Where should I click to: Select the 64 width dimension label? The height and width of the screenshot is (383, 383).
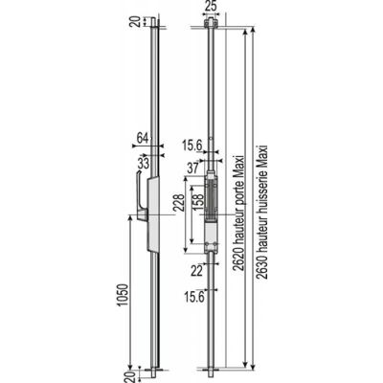(x=143, y=138)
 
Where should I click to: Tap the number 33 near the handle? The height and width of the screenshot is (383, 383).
(x=144, y=164)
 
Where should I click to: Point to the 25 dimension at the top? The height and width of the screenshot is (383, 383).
(x=211, y=7)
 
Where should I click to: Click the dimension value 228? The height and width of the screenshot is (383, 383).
(x=179, y=202)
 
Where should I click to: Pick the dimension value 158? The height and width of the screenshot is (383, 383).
(x=198, y=202)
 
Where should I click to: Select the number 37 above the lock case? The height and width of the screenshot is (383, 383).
(x=193, y=169)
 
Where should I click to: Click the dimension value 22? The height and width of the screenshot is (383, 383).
(x=197, y=271)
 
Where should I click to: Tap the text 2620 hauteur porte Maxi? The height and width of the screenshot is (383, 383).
(x=238, y=214)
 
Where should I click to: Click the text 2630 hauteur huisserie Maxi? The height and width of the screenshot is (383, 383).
(x=262, y=213)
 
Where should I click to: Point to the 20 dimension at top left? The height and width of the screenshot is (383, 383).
(x=135, y=22)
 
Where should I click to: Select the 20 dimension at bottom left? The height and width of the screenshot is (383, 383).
(x=129, y=377)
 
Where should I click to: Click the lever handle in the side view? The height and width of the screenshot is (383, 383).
(x=142, y=198)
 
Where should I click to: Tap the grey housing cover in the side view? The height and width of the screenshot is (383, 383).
(x=153, y=214)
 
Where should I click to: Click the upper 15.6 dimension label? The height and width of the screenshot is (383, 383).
(x=192, y=146)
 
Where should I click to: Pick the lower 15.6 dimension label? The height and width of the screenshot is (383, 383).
(x=194, y=297)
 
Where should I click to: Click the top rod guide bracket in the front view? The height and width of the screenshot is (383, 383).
(x=211, y=24)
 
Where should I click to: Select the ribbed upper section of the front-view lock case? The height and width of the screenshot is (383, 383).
(x=211, y=200)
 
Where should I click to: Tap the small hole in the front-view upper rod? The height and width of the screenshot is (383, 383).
(x=211, y=139)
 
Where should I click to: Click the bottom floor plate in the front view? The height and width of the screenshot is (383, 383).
(x=211, y=370)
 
